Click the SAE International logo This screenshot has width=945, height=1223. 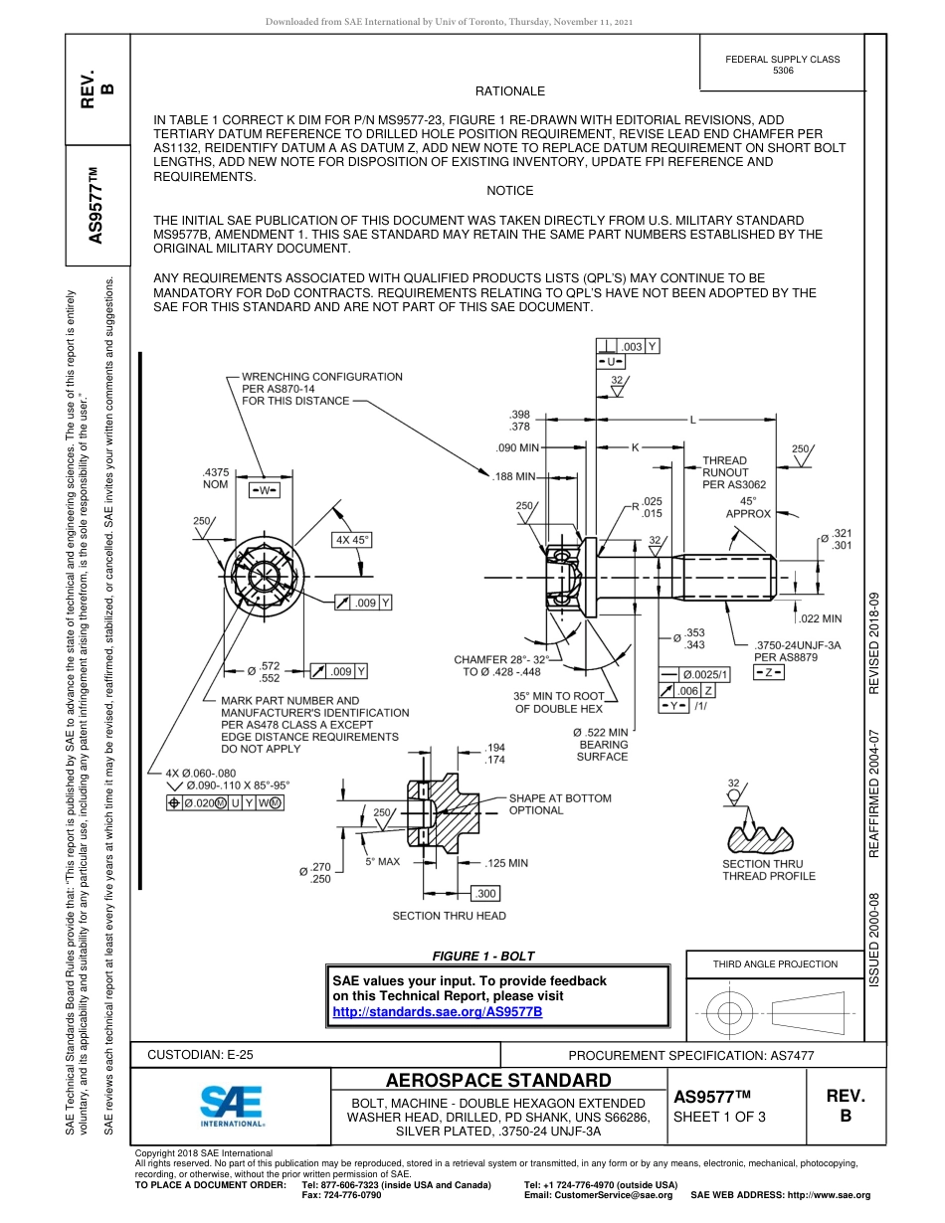coord(232,1105)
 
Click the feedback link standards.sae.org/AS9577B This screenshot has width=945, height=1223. coord(437,1011)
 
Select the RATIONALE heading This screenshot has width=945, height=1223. coord(510,91)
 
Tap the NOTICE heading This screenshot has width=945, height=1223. coord(510,190)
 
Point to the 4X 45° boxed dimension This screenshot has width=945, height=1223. coord(352,540)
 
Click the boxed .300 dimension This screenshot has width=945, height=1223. coord(486,893)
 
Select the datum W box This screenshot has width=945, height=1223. coord(265,490)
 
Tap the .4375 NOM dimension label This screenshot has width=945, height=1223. coord(215,478)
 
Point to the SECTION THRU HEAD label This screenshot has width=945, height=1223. coord(449,916)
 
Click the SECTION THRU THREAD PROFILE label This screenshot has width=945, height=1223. coord(768,870)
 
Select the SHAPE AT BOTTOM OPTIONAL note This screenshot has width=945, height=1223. coord(559,804)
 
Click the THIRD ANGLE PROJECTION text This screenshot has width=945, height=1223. coord(775,963)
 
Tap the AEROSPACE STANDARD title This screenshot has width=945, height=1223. coord(498,1081)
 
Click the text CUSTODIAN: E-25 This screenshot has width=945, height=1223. coord(200,1054)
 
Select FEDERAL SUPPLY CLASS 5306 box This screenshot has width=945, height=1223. coord(782,65)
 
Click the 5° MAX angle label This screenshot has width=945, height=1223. coord(382,861)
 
